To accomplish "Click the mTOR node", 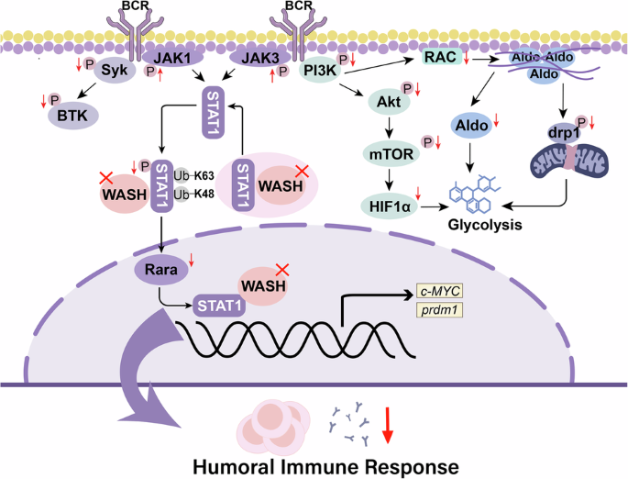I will (390, 156).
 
